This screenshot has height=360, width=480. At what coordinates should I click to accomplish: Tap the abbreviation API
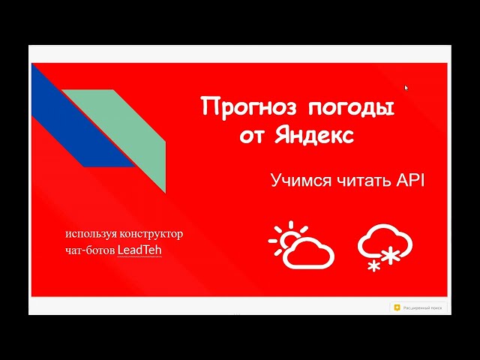pyautogui.click(x=409, y=180)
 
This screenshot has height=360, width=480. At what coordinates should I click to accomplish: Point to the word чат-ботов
pyautogui.click(x=89, y=250)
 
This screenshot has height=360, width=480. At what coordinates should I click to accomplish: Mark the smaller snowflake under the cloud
pyautogui.click(x=373, y=264)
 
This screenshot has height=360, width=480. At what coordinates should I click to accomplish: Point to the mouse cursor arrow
pyautogui.click(x=406, y=88)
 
